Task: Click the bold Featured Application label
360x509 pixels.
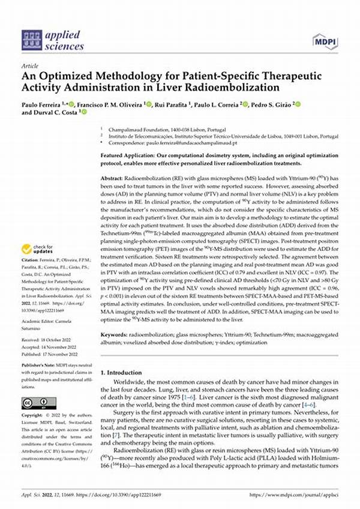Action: (x=128, y=155)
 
